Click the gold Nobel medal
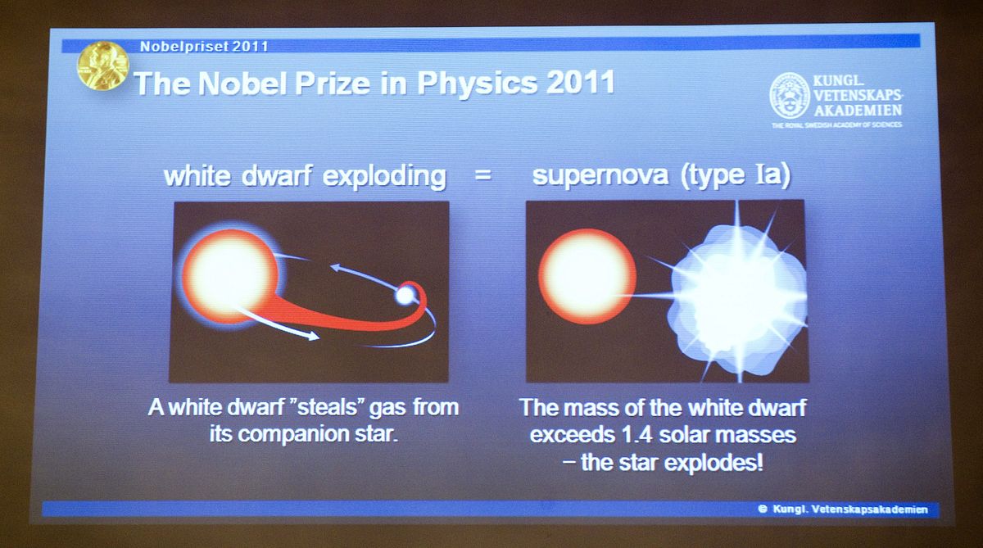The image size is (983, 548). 103,66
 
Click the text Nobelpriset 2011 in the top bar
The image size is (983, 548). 204,47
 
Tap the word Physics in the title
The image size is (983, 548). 477,84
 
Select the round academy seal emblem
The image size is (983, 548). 790,96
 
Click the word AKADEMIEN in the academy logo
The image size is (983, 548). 858,110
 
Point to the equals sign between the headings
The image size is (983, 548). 482,175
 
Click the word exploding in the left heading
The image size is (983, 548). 384,176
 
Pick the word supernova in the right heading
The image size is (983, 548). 600,175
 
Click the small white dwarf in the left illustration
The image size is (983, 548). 405,295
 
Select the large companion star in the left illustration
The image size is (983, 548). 231,276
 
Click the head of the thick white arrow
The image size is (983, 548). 312,337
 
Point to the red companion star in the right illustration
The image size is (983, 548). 587,276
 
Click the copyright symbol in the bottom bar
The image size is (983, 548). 763,509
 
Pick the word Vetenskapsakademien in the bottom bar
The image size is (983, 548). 869,510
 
